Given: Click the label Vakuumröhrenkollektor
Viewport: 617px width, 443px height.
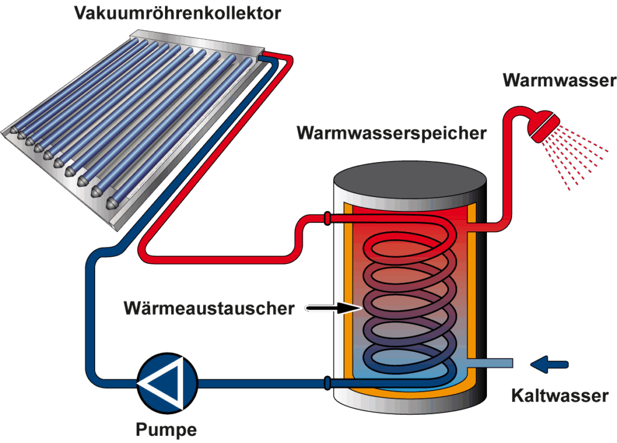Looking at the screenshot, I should [177, 13].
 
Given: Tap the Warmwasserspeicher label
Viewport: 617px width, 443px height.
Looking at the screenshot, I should [391, 133].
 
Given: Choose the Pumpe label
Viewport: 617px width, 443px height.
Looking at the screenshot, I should [166, 430].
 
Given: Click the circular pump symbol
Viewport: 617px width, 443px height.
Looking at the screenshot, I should [167, 382].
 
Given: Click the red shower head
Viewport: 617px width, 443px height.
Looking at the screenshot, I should [542, 124].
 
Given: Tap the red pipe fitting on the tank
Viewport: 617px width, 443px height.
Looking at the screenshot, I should [327, 218].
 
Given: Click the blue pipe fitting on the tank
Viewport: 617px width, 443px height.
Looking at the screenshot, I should [327, 382].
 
